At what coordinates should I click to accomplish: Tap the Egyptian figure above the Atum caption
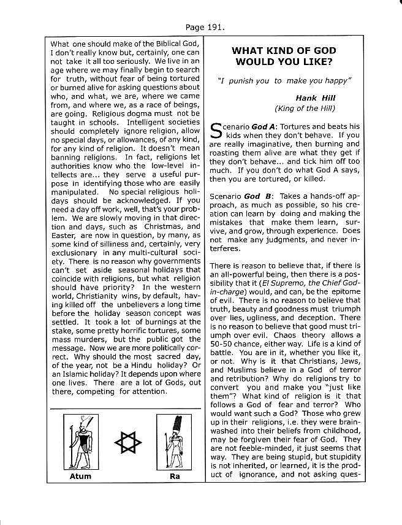(79, 441)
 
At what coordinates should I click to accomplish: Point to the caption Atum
(80, 476)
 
